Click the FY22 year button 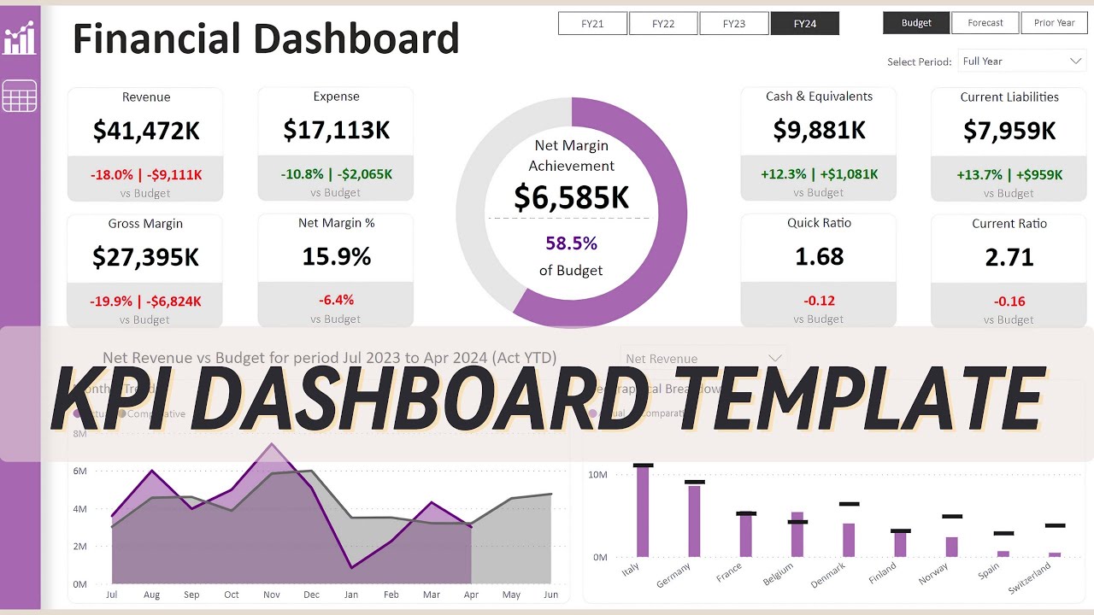[x=663, y=24]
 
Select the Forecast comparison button [x=985, y=23]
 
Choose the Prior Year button [x=1054, y=23]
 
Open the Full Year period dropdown [x=1021, y=61]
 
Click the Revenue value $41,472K [x=146, y=131]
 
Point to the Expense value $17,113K [x=337, y=130]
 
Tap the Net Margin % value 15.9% [x=337, y=256]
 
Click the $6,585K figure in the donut [x=571, y=197]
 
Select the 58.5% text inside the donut [x=571, y=243]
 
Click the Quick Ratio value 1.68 [x=819, y=256]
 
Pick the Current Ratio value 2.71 [x=1009, y=257]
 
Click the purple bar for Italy [x=643, y=512]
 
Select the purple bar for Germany [x=694, y=521]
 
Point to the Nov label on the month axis [x=272, y=594]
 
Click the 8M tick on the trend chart [x=80, y=434]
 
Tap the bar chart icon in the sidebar [x=20, y=39]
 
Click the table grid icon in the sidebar [x=20, y=96]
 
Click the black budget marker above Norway [x=952, y=517]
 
